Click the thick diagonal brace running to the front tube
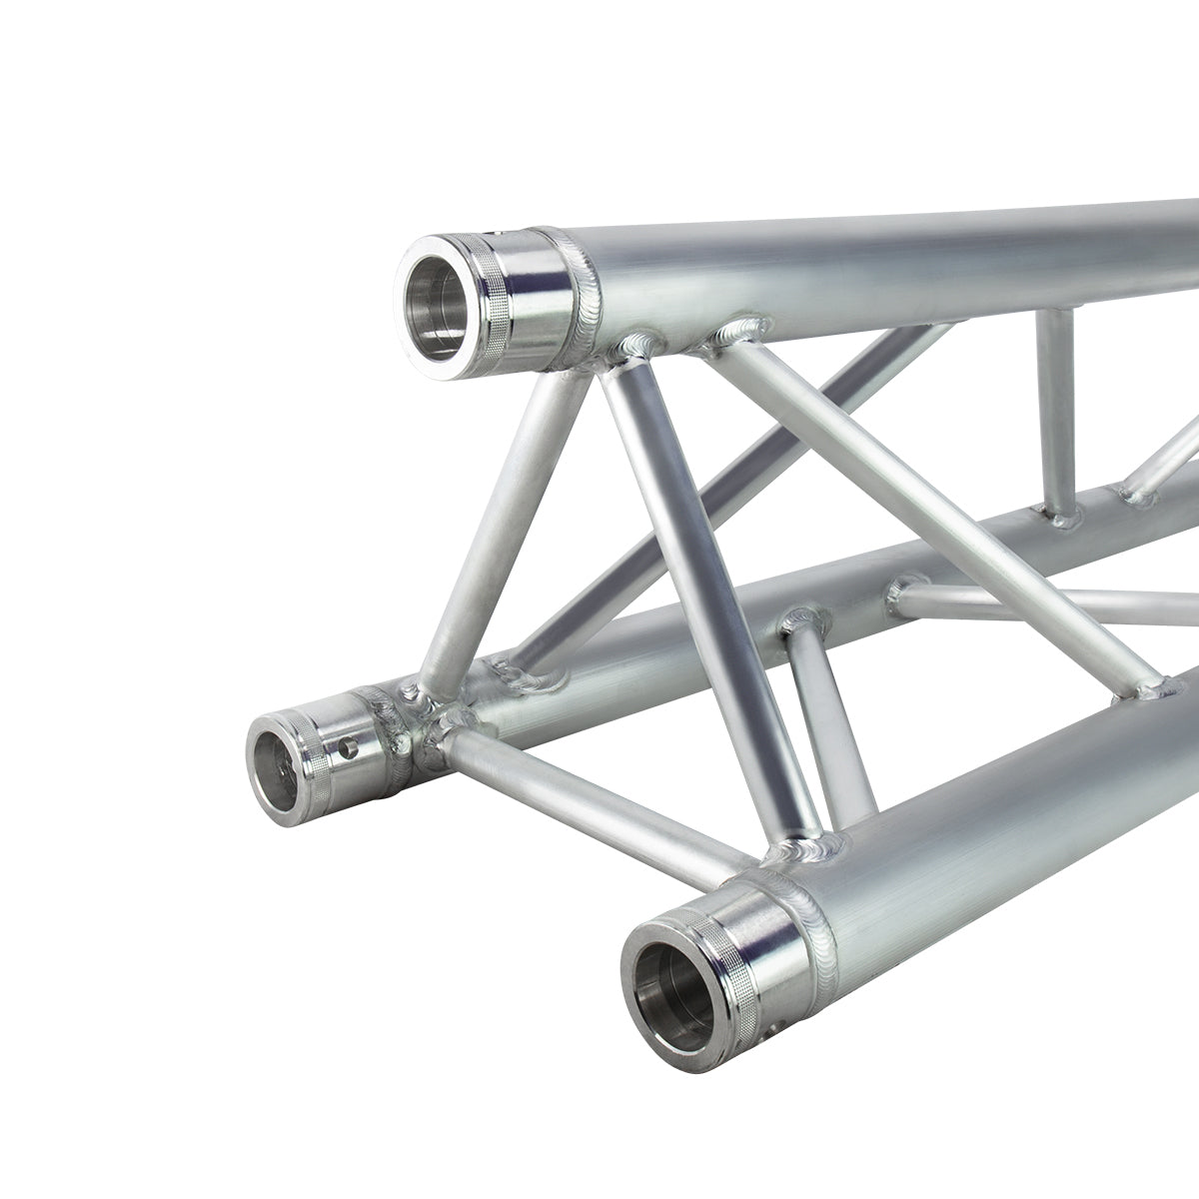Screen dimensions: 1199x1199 click(699, 599)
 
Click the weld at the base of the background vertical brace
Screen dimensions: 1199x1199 click(1061, 512)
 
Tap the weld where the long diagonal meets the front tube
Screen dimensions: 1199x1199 click(1159, 687)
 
